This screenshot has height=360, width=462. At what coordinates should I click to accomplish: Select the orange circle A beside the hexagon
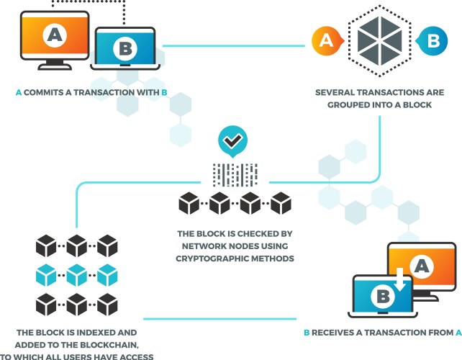click(x=325, y=41)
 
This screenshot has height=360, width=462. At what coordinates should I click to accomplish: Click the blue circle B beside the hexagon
click(x=432, y=41)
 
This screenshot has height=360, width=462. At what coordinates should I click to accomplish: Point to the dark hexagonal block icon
click(x=379, y=41)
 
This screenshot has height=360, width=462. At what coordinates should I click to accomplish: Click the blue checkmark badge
click(x=232, y=142)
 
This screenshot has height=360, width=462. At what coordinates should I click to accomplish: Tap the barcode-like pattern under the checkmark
click(x=235, y=174)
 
